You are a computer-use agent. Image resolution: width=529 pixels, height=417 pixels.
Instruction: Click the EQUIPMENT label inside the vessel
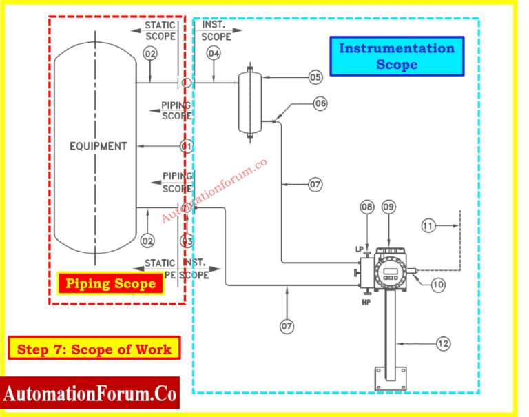(x=98, y=146)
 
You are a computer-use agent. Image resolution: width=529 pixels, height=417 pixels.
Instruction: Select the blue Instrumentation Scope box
(x=397, y=57)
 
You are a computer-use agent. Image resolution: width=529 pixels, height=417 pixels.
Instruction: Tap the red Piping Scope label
(x=110, y=283)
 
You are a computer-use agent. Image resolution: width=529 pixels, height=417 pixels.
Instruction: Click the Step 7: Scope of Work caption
(x=94, y=349)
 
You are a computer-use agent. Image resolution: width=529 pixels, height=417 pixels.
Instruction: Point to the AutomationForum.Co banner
(x=90, y=395)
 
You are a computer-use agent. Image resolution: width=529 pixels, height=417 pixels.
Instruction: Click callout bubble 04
(x=214, y=53)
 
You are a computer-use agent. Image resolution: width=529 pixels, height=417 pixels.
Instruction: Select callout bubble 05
(x=315, y=77)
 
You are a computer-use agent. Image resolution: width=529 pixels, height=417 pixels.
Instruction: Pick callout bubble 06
(x=320, y=103)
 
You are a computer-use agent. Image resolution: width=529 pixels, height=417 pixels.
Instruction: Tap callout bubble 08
(x=367, y=207)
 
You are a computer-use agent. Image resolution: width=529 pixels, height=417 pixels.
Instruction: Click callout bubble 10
(x=438, y=283)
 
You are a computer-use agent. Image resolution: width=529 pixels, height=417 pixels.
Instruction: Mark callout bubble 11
(x=428, y=225)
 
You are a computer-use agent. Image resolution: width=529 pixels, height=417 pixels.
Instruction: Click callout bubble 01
(x=186, y=146)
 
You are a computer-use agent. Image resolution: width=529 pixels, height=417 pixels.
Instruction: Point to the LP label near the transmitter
(x=360, y=249)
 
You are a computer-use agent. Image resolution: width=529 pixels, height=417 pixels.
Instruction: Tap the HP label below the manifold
(x=365, y=301)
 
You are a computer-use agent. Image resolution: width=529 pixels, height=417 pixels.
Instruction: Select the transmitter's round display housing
(x=391, y=271)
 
